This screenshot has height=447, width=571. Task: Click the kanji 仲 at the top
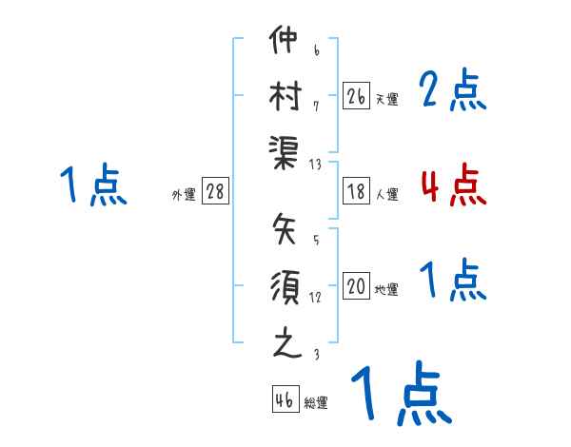(285, 43)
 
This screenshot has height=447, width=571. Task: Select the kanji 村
(285, 95)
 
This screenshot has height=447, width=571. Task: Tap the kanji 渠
(285, 151)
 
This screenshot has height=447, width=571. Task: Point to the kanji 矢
(285, 229)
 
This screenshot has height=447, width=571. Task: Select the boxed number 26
(356, 96)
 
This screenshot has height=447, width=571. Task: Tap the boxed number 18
(356, 191)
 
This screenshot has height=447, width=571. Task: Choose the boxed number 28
(215, 192)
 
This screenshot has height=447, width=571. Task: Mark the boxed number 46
(285, 400)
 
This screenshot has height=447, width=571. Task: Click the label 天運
(387, 99)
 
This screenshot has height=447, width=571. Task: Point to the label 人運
(387, 194)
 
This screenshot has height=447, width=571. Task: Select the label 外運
(184, 195)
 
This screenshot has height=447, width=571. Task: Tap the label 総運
(316, 403)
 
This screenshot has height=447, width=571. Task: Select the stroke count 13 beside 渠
(315, 164)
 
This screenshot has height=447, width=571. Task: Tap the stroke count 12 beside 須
(315, 297)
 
